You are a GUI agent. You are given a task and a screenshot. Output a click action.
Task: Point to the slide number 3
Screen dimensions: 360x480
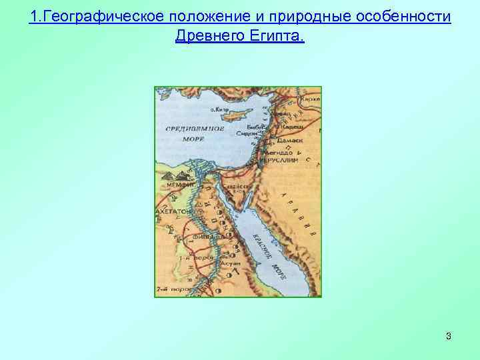[x=449, y=337]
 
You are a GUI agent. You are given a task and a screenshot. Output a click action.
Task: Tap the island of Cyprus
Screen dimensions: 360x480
[x=236, y=113]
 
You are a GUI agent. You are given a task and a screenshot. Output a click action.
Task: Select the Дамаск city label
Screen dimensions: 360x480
[x=291, y=141]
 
